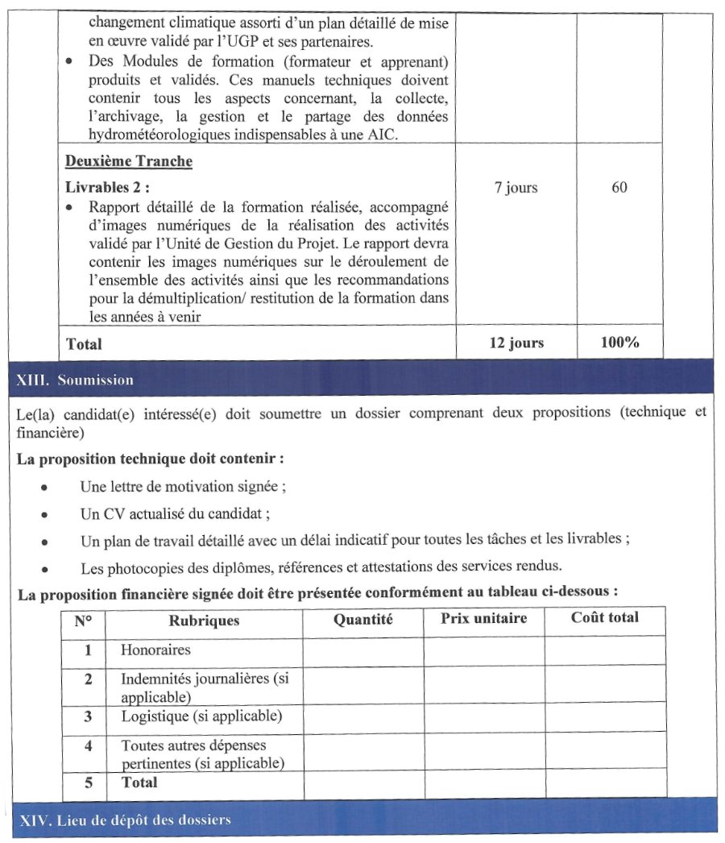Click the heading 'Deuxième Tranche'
129,161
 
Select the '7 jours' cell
516,188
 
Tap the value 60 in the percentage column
619,188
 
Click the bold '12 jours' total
516,343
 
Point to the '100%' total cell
619,343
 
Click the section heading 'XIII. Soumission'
75,380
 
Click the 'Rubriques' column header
204,621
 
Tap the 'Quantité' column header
362,620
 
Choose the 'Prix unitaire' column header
483,619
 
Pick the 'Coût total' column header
604,618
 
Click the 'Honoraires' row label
155,649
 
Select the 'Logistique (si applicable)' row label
201,716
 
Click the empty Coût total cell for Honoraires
605,650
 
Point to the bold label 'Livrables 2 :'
107,188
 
